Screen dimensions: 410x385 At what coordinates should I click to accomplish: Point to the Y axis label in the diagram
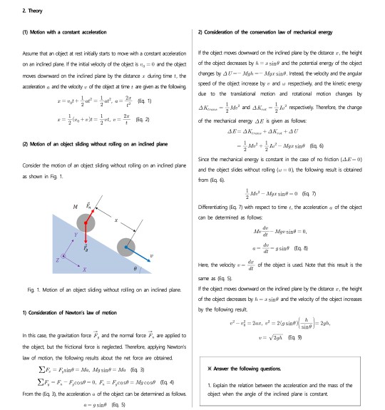(65, 232)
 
